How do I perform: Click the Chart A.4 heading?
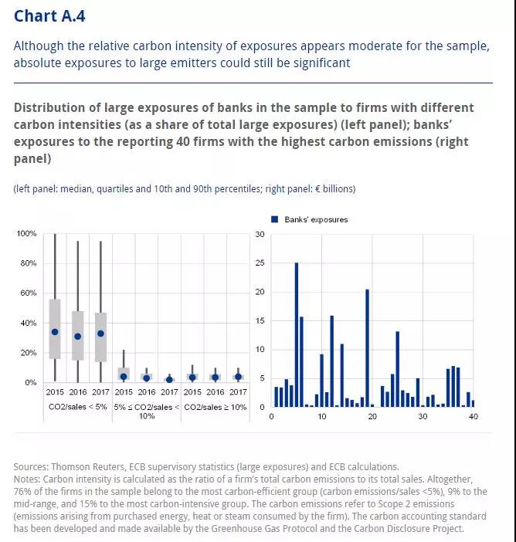(49, 16)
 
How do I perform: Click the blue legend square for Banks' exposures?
(274, 219)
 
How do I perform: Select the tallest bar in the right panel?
(297, 334)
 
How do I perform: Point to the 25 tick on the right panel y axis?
(260, 263)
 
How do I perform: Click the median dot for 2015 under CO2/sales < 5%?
(55, 332)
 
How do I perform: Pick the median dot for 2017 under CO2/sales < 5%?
(100, 334)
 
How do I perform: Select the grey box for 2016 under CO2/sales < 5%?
(78, 336)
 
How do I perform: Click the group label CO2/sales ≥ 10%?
(215, 407)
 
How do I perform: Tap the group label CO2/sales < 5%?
(78, 407)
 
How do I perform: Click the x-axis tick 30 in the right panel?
(423, 416)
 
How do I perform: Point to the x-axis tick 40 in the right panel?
(473, 416)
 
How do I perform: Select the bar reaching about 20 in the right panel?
(367, 348)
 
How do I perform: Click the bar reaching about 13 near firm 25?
(397, 369)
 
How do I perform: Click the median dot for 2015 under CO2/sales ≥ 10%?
(192, 377)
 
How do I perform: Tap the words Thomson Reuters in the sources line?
(88, 466)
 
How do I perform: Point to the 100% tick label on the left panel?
(26, 233)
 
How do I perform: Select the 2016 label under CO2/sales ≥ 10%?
(215, 392)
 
